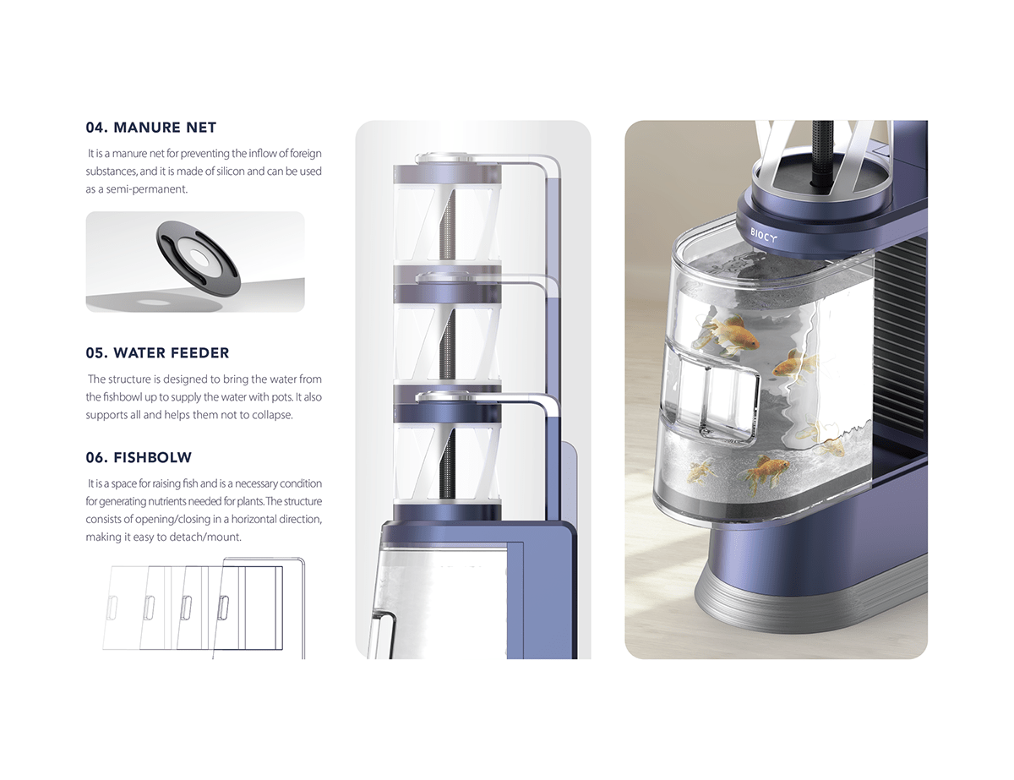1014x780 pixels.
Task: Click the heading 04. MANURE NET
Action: pos(150,128)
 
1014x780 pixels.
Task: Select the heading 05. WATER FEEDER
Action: pos(157,352)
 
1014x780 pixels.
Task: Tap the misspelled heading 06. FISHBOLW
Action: pos(139,457)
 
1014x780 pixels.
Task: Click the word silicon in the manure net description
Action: pos(261,172)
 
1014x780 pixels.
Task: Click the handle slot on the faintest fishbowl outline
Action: pos(111,606)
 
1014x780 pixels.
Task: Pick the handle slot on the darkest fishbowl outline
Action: pos(224,606)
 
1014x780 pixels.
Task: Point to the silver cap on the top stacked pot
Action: pos(448,157)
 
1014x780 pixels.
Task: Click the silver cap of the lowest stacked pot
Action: pos(448,395)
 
